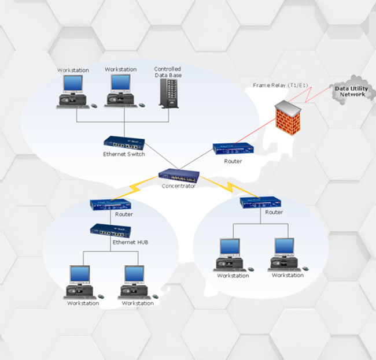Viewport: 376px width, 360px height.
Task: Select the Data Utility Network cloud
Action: point(352,92)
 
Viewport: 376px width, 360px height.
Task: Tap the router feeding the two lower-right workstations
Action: point(260,202)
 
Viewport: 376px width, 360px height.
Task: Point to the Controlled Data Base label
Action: point(167,72)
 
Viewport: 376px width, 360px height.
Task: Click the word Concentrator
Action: point(179,186)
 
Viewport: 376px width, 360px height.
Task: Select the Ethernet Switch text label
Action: point(124,154)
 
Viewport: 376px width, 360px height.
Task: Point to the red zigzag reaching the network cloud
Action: point(312,95)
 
